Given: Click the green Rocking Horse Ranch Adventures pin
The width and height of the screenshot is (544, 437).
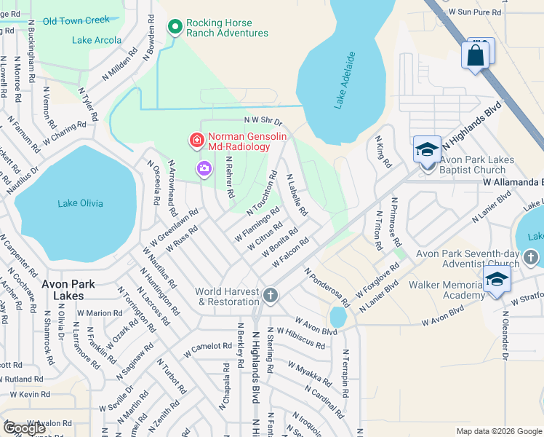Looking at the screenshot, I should click(175, 28).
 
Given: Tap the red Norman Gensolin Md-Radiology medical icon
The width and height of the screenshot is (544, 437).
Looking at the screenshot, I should click(195, 138).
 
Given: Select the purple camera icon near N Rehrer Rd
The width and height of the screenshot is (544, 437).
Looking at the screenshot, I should click(204, 169).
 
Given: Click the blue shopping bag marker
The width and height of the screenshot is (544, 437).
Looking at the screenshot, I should click(475, 55).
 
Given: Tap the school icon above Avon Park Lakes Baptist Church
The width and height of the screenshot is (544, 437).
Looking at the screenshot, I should click(427, 150).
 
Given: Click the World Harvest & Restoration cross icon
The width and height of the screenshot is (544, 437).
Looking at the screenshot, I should click(270, 295).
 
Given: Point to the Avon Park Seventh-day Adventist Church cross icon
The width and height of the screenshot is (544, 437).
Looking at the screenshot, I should click(531, 257).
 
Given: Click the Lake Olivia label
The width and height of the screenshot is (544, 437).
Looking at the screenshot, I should click(80, 203).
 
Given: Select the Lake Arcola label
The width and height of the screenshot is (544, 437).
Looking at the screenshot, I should click(97, 40).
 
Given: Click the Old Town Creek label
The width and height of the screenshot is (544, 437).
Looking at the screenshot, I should click(76, 20).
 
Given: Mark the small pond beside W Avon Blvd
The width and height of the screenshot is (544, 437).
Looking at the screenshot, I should click(337, 318).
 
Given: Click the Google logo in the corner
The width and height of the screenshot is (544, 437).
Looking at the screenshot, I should click(25, 428).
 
